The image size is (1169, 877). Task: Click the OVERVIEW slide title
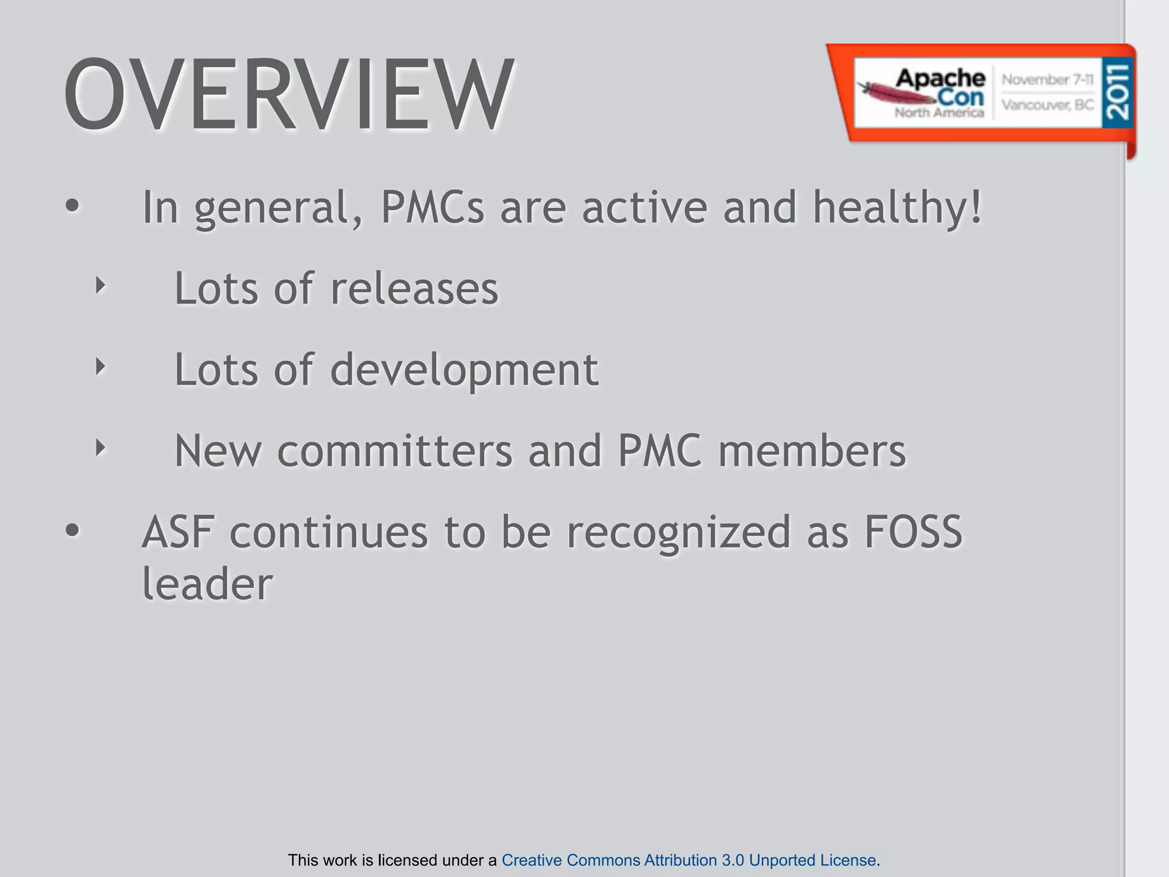pos(289,94)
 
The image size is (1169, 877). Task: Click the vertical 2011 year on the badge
pos(1117,91)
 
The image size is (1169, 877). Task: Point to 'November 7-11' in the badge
pos(1047,80)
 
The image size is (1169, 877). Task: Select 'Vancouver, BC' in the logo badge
pos(1047,105)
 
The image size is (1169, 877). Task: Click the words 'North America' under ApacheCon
pos(939,112)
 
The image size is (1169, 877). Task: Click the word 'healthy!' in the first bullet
pos(897,207)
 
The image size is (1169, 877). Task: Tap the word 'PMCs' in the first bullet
pos(432,207)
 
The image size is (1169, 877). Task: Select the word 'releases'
pos(414,289)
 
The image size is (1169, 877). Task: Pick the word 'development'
pos(464,370)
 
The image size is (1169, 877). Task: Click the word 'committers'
pos(395,451)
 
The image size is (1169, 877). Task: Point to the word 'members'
pos(812,451)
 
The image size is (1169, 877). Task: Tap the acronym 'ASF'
pos(178,532)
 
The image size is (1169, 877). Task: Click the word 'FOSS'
pos(913,532)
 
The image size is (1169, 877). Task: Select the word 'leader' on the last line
pos(207,584)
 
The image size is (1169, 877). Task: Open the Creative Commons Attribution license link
pos(688,860)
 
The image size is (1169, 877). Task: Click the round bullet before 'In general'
pos(72,206)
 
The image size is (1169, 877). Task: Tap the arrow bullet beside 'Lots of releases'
pos(100,285)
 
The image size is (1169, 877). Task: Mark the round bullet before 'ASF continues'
pos(72,530)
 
